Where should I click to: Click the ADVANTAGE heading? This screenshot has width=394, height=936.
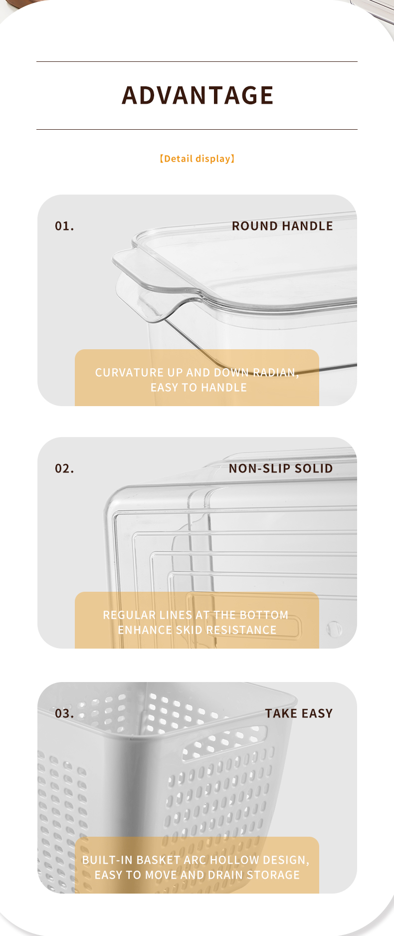[x=197, y=95]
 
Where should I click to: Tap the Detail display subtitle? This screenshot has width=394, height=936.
[x=197, y=159]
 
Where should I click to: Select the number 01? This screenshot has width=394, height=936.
[x=64, y=227]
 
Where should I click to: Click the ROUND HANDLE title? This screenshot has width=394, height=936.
[x=282, y=226]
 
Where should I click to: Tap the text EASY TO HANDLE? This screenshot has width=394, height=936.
[x=198, y=388]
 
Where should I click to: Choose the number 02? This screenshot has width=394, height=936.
[x=64, y=469]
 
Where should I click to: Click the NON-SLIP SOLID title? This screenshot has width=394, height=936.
[x=281, y=468]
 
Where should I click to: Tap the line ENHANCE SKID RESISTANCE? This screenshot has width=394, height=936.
[x=197, y=630]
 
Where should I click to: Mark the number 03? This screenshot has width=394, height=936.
[x=64, y=714]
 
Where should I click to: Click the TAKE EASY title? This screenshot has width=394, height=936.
[x=299, y=713]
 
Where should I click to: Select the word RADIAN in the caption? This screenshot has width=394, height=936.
[x=276, y=373]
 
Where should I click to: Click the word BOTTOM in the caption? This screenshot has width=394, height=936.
[x=264, y=615]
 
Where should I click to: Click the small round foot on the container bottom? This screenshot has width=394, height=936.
[x=334, y=628]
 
